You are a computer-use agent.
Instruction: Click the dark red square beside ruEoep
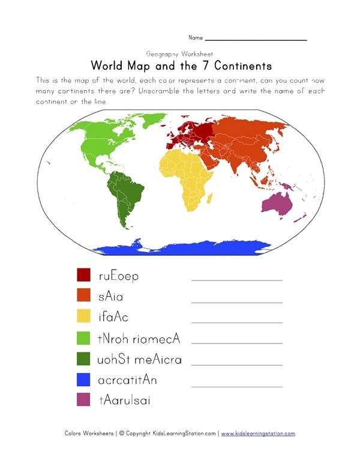tap(83, 276)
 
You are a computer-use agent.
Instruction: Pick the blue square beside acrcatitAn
tap(83, 380)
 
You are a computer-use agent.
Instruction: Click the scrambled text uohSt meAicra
tap(139, 360)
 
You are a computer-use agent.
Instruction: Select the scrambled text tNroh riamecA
tap(138, 339)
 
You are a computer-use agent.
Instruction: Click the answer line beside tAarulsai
tap(236, 405)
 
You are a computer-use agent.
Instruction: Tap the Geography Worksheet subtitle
tap(179, 53)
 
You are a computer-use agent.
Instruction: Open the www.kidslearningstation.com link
tap(258, 434)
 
